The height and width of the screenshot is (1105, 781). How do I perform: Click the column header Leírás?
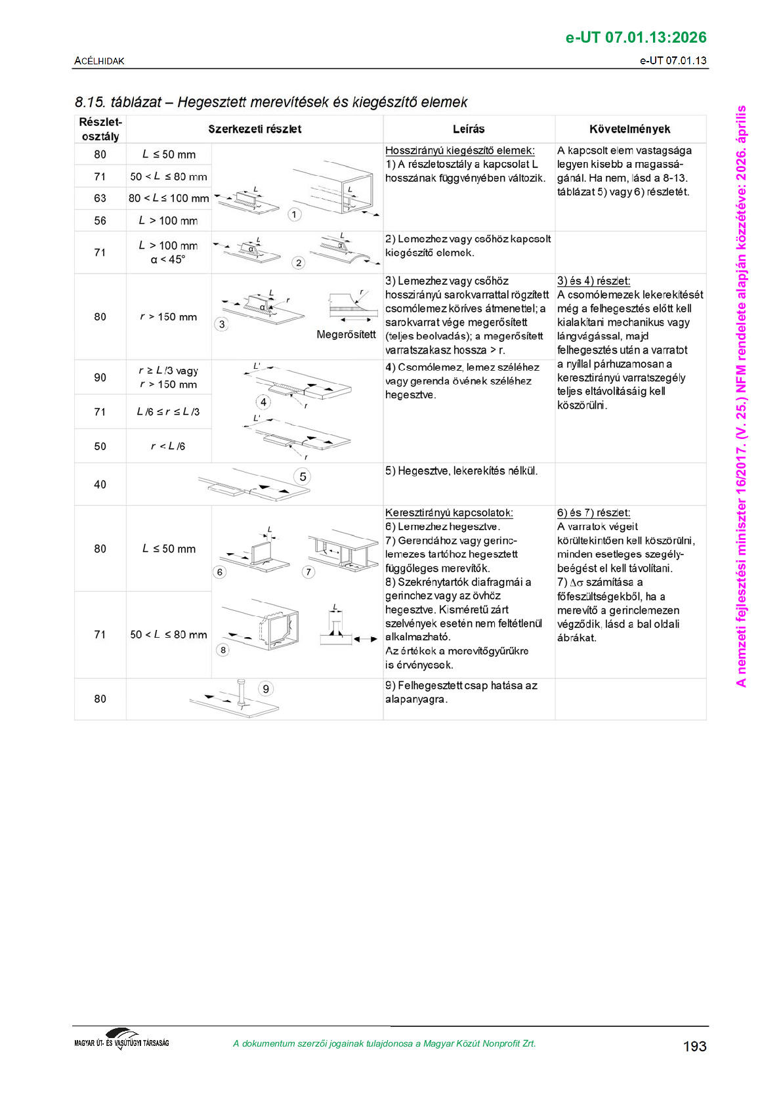pos(468,129)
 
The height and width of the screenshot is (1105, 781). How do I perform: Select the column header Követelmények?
pos(629,129)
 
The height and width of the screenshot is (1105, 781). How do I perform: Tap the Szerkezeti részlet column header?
pos(255,129)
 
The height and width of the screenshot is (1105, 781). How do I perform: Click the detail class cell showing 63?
pos(100,198)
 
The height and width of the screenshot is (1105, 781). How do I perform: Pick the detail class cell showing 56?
pos(100,220)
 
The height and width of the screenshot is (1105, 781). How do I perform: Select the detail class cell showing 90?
pos(100,377)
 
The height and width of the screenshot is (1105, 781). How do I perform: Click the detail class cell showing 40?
pos(100,484)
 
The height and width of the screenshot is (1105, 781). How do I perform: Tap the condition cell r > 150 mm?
pos(168,317)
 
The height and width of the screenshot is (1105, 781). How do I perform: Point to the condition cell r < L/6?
pos(168,446)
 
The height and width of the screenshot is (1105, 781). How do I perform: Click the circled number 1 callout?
pos(295,215)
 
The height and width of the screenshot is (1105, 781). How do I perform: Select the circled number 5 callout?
pos(303,476)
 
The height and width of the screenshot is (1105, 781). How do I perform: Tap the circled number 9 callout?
pos(266,688)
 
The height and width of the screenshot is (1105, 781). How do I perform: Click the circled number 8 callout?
pos(223,650)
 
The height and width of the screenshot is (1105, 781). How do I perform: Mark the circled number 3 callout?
pos(222,324)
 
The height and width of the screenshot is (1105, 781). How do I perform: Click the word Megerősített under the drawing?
pos(346,335)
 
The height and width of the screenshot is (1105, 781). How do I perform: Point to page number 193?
pos(694,1046)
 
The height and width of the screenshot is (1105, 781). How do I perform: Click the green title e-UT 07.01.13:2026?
pos(636,37)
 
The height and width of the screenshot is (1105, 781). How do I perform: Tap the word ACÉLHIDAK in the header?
pos(99,60)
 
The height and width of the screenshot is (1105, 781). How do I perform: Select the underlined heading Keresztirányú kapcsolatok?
pos(449,512)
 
